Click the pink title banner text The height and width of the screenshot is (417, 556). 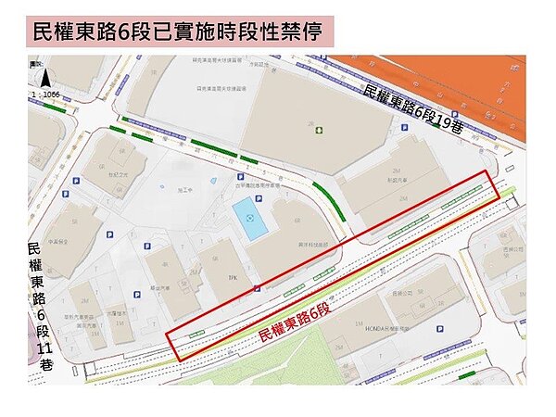point(177,32)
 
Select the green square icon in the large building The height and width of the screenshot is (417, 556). point(319,131)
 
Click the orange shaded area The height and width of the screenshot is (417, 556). point(436,88)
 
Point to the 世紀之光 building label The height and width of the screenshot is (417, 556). point(117,172)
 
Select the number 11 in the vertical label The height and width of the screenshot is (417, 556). point(44,348)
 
